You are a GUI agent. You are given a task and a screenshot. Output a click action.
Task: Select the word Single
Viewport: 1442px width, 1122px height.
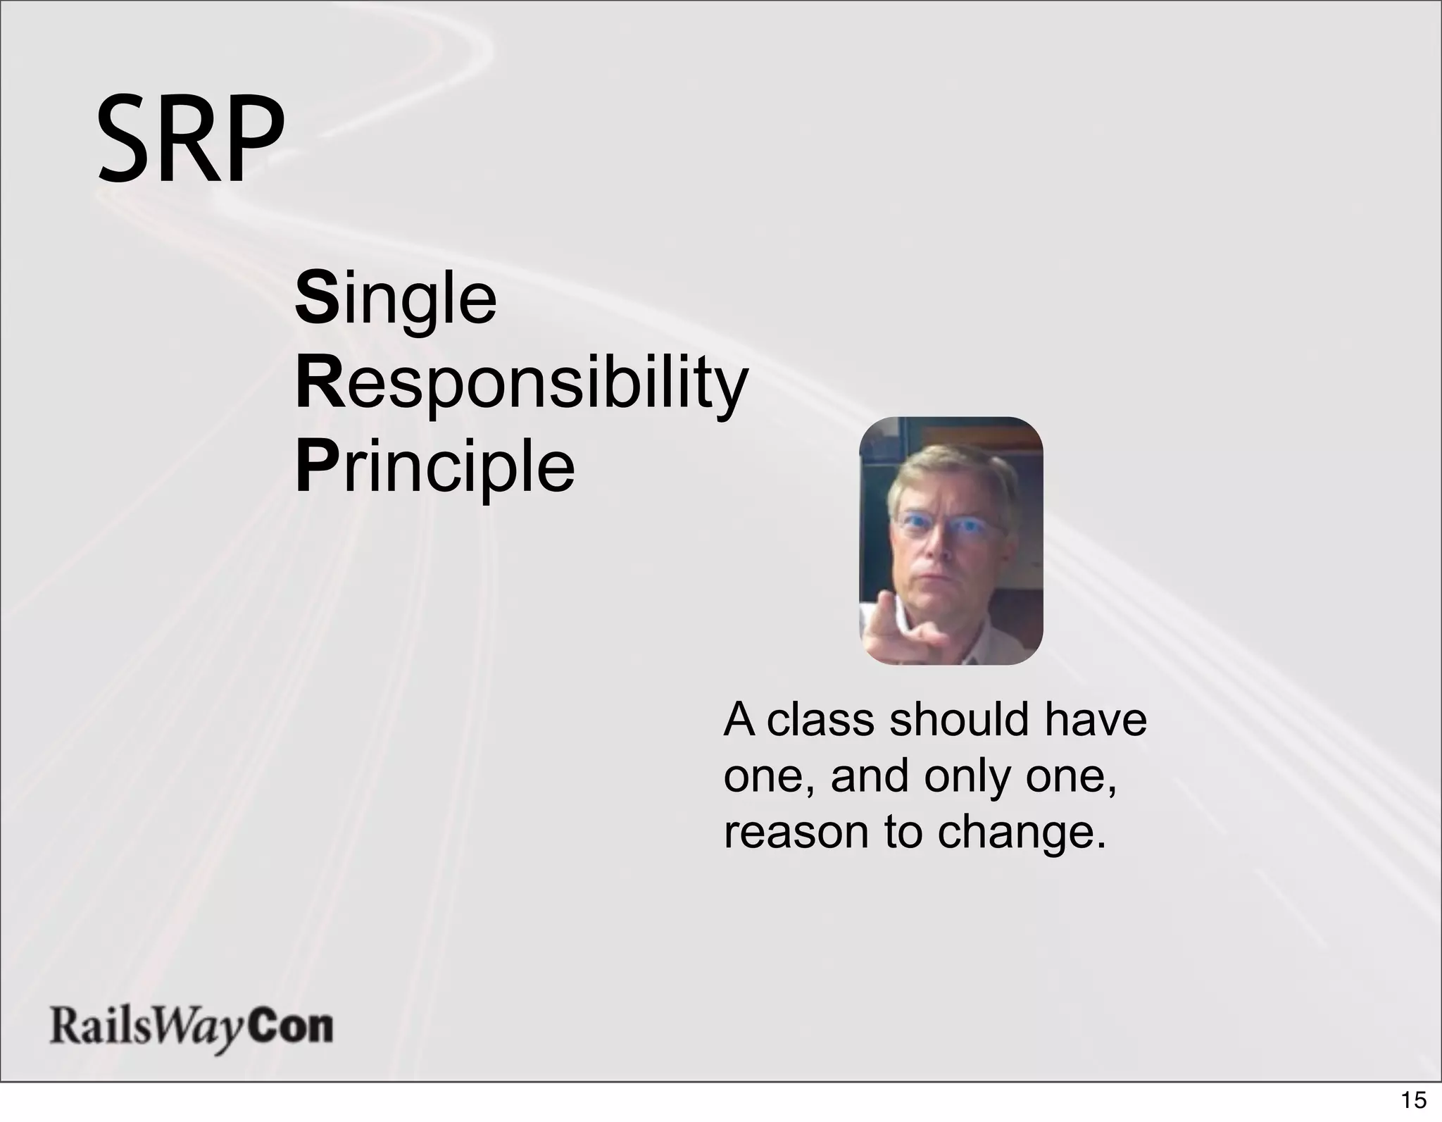(x=396, y=300)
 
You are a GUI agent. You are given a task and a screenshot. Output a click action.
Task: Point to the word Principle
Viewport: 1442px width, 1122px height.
(x=434, y=466)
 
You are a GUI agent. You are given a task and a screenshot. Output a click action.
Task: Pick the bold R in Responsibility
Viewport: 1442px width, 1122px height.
(x=319, y=384)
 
